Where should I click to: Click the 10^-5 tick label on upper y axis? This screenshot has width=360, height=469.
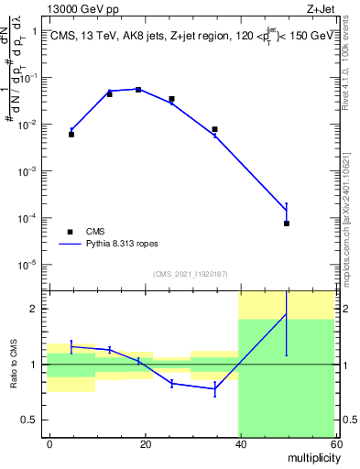coord(28,266)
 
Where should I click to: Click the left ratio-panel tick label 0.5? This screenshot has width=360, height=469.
coord(31,420)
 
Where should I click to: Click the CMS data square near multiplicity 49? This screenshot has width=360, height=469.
coord(287,224)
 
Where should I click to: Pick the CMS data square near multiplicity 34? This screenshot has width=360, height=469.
coord(215,129)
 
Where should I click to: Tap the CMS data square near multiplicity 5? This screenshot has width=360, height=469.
coord(71,134)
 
